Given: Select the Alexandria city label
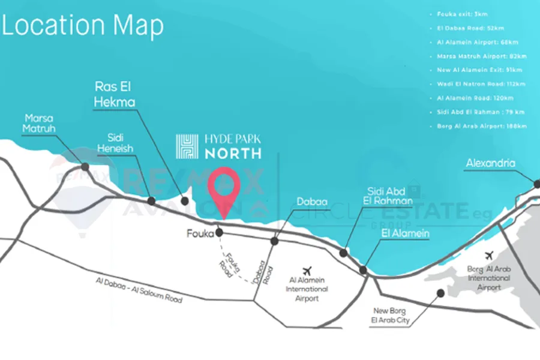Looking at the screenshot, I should coord(490,163).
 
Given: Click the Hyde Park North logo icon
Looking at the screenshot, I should coord(187,146).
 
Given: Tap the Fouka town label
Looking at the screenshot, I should coord(200,234).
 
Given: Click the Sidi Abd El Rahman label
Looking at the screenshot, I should coord(390,196).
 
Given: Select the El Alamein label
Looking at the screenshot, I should coord(406,233).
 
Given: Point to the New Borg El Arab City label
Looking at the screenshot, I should coord(391,316).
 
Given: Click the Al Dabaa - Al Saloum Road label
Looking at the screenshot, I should coord(138,290).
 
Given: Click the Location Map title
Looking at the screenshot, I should coord(82,26).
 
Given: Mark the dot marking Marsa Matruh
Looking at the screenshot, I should coord(85,167).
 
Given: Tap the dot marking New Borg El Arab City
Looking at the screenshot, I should coord(440,293).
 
